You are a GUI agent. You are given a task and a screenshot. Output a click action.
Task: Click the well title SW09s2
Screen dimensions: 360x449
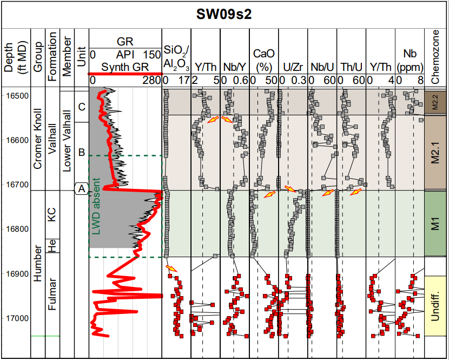click(223, 14)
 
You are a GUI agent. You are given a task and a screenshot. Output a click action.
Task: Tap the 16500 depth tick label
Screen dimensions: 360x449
click(18, 95)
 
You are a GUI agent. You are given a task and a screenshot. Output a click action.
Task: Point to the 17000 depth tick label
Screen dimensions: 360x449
click(18, 318)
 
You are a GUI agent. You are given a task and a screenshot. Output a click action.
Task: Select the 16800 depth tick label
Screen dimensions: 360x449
click(18, 228)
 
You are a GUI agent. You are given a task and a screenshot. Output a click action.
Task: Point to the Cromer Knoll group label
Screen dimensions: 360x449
click(38, 138)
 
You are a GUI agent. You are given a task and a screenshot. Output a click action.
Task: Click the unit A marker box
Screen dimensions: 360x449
click(81, 188)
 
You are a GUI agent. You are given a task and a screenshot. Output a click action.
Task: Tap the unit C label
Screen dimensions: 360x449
click(81, 107)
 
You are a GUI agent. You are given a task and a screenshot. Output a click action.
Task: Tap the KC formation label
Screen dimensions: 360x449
click(52, 216)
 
